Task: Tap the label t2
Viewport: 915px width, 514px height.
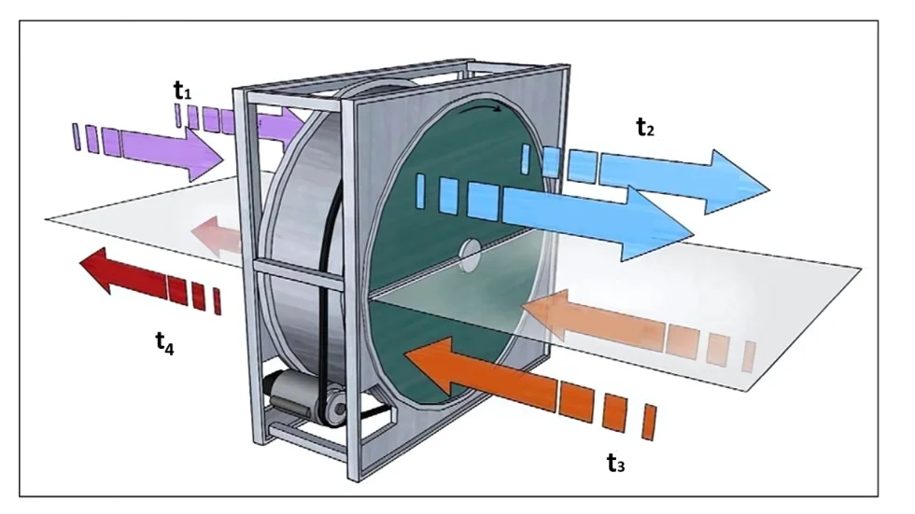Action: tap(645, 129)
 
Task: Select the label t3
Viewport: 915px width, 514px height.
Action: tap(614, 462)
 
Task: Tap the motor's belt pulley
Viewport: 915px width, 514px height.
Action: tap(331, 407)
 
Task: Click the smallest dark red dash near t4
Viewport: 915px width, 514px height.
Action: tap(217, 300)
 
